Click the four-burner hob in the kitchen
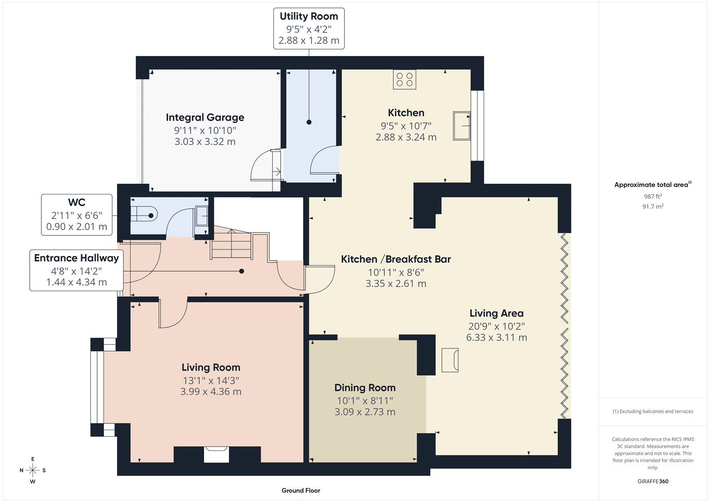tap(404, 79)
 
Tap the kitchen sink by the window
tap(461, 126)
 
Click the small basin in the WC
tap(202, 216)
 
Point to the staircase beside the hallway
tap(232, 244)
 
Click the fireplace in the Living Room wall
tap(216, 454)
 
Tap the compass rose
tap(32, 470)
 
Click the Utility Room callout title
tap(309, 16)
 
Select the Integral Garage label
tap(205, 117)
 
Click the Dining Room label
tap(365, 387)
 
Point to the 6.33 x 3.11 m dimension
tap(497, 337)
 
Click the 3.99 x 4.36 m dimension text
tap(211, 391)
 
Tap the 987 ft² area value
tap(653, 196)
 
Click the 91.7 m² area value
tap(653, 206)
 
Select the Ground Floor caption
tap(300, 490)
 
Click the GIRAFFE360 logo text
tap(653, 481)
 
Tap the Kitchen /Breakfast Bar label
tap(396, 259)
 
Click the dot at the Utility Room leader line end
tap(309, 122)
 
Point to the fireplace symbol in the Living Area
tap(450, 360)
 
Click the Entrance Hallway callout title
tap(76, 258)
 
